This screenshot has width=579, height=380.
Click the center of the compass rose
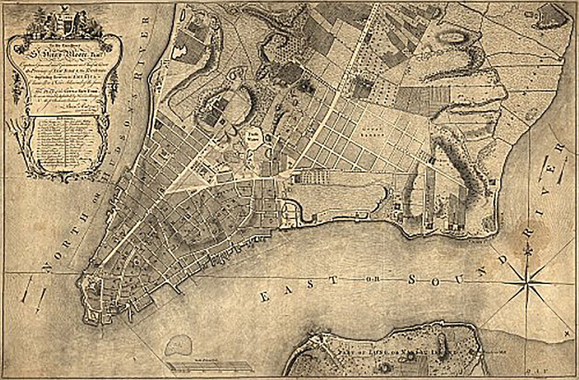pos(528,282)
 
